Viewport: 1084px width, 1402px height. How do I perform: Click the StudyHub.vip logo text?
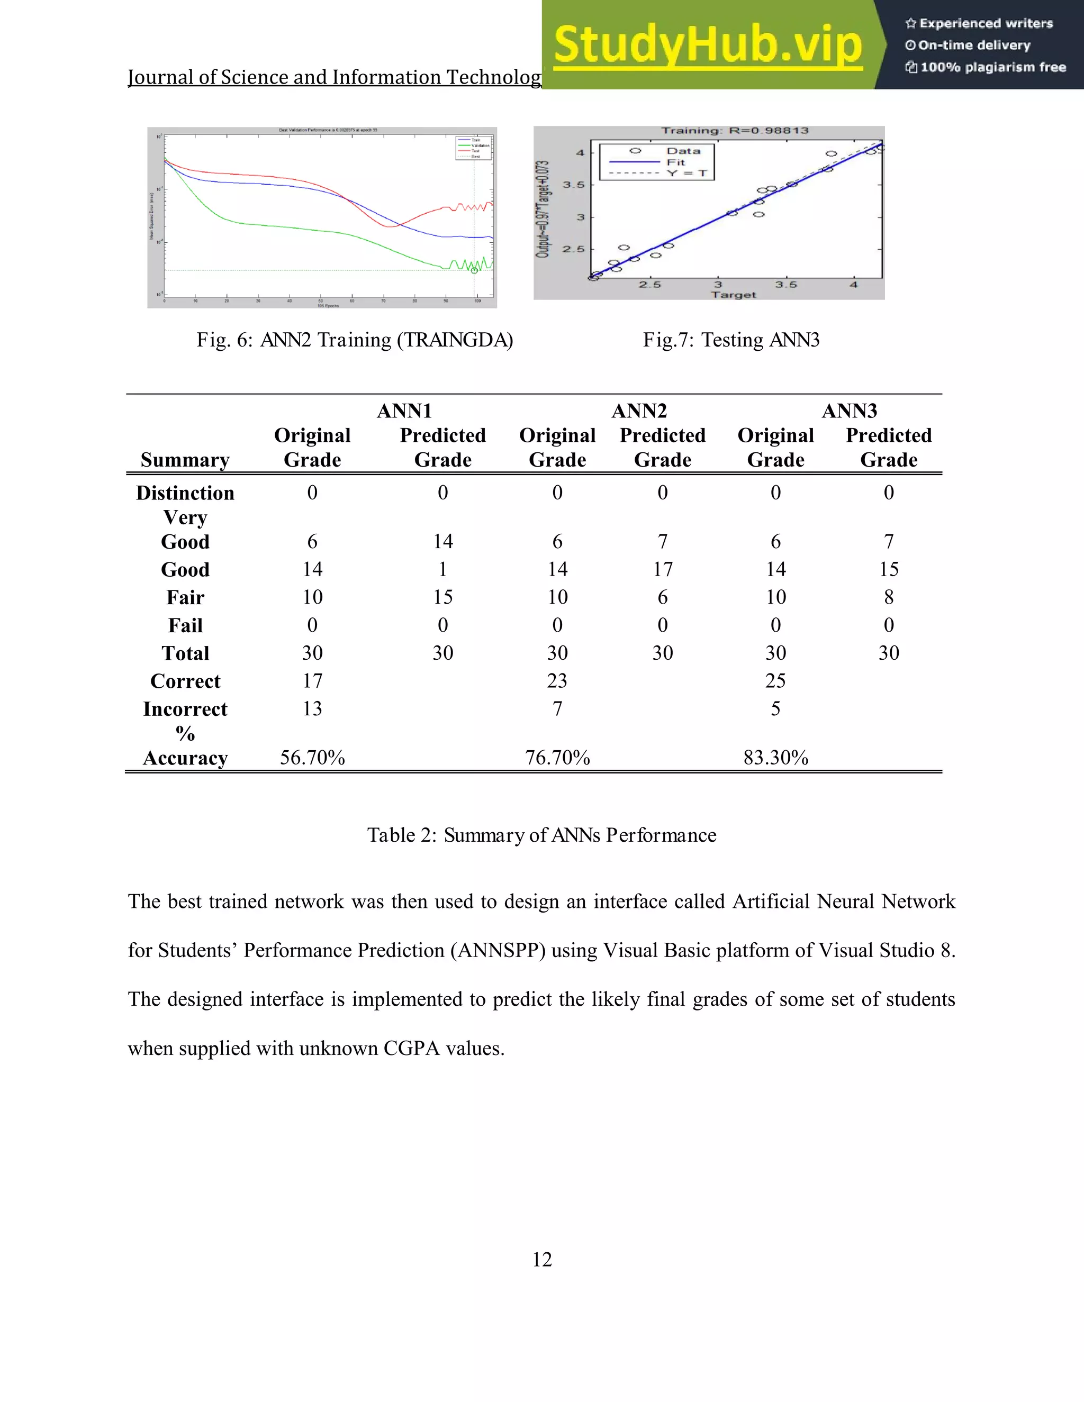[x=707, y=45]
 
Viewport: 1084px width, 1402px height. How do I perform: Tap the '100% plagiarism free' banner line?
[x=986, y=67]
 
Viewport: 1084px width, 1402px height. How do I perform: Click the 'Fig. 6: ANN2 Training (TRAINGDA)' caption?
[x=355, y=340]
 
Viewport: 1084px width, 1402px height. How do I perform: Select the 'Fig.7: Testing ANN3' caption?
[x=731, y=340]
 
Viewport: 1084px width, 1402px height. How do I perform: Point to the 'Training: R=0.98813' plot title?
[x=735, y=131]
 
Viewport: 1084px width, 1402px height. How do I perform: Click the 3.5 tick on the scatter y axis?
[x=573, y=185]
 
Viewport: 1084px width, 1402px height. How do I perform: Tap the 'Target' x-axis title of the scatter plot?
[x=734, y=295]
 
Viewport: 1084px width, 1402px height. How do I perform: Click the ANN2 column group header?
[x=639, y=411]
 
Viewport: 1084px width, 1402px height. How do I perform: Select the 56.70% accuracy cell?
[x=312, y=758]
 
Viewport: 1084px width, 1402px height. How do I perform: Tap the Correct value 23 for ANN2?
[x=557, y=680]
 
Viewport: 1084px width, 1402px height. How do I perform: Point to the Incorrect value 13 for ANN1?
[x=312, y=709]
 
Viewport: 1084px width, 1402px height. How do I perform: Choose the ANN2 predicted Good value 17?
[x=662, y=569]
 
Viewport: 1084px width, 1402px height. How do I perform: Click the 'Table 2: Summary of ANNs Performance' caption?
[x=541, y=835]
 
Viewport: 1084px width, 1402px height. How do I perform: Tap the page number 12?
[x=541, y=1260]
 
